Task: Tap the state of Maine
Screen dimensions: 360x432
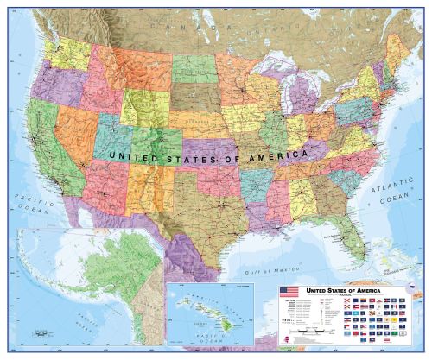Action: click(x=397, y=56)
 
